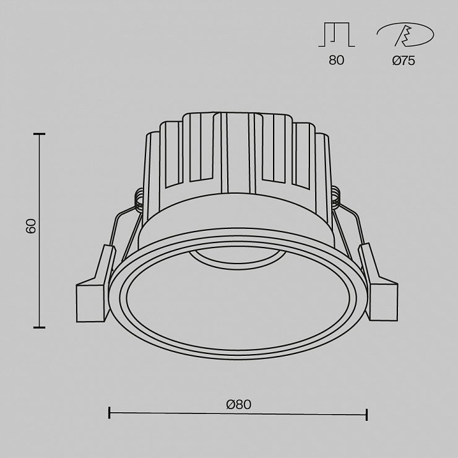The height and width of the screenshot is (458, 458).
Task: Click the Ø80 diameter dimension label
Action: (x=238, y=405)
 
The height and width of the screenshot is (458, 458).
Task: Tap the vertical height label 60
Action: (x=31, y=225)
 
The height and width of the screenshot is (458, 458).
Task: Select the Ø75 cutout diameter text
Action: (x=404, y=61)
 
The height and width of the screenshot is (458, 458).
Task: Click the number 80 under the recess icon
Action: (x=337, y=60)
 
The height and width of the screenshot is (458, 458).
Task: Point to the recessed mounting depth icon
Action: (x=337, y=35)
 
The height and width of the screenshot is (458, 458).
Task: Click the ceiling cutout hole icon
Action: (x=405, y=35)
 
